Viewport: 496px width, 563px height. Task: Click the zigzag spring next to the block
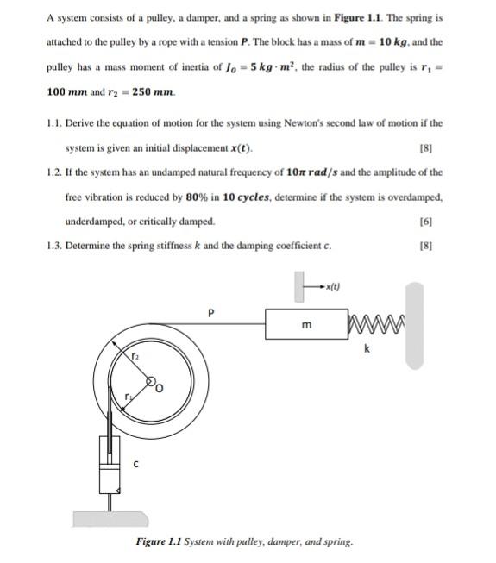369,325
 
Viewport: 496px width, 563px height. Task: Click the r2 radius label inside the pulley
135,354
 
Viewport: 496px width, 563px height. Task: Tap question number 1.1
54,123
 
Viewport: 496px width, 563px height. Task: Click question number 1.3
54,247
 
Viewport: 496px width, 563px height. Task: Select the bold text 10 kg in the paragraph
403,41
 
